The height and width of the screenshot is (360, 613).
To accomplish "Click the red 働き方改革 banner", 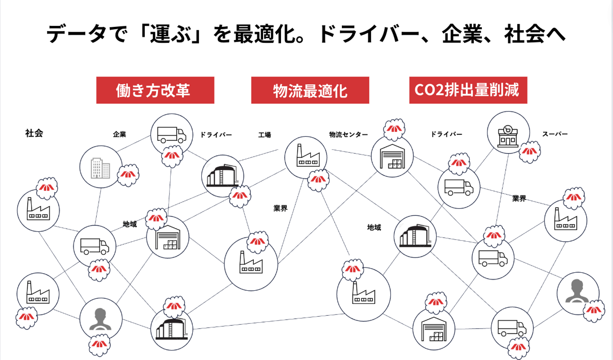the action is point(155,90).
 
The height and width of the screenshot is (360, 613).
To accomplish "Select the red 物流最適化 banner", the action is point(310,90).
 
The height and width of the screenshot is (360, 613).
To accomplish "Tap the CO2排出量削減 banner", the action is point(468,90).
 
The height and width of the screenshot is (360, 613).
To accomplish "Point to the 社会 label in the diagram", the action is point(34,133).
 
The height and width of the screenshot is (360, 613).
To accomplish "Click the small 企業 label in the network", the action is point(120,134).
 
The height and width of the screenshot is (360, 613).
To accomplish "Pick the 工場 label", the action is point(265,135).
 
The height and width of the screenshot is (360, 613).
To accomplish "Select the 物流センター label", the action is point(348,134).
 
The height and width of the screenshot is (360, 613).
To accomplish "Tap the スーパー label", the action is point(555,134).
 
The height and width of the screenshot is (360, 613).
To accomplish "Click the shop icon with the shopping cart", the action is point(507,137).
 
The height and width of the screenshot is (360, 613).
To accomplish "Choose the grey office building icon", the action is point(100,168).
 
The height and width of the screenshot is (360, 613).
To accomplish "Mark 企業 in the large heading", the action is point(462,34).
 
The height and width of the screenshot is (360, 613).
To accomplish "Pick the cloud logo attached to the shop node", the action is point(530,152).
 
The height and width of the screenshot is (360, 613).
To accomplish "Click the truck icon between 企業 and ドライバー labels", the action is point(172,135).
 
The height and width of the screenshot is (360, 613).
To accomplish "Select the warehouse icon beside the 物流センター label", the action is point(392,156).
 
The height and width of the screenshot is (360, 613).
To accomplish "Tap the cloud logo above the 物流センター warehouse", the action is point(394,129).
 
